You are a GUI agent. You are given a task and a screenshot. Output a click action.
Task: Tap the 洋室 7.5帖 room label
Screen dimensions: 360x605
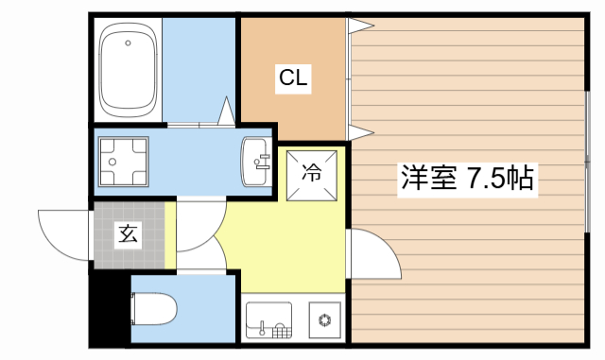click(468, 178)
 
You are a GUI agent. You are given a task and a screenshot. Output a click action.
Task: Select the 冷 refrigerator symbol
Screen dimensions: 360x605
click(311, 174)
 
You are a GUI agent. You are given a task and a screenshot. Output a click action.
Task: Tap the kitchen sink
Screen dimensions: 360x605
click(269, 319)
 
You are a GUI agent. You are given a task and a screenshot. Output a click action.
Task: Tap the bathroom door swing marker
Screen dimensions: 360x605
click(227, 111)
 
